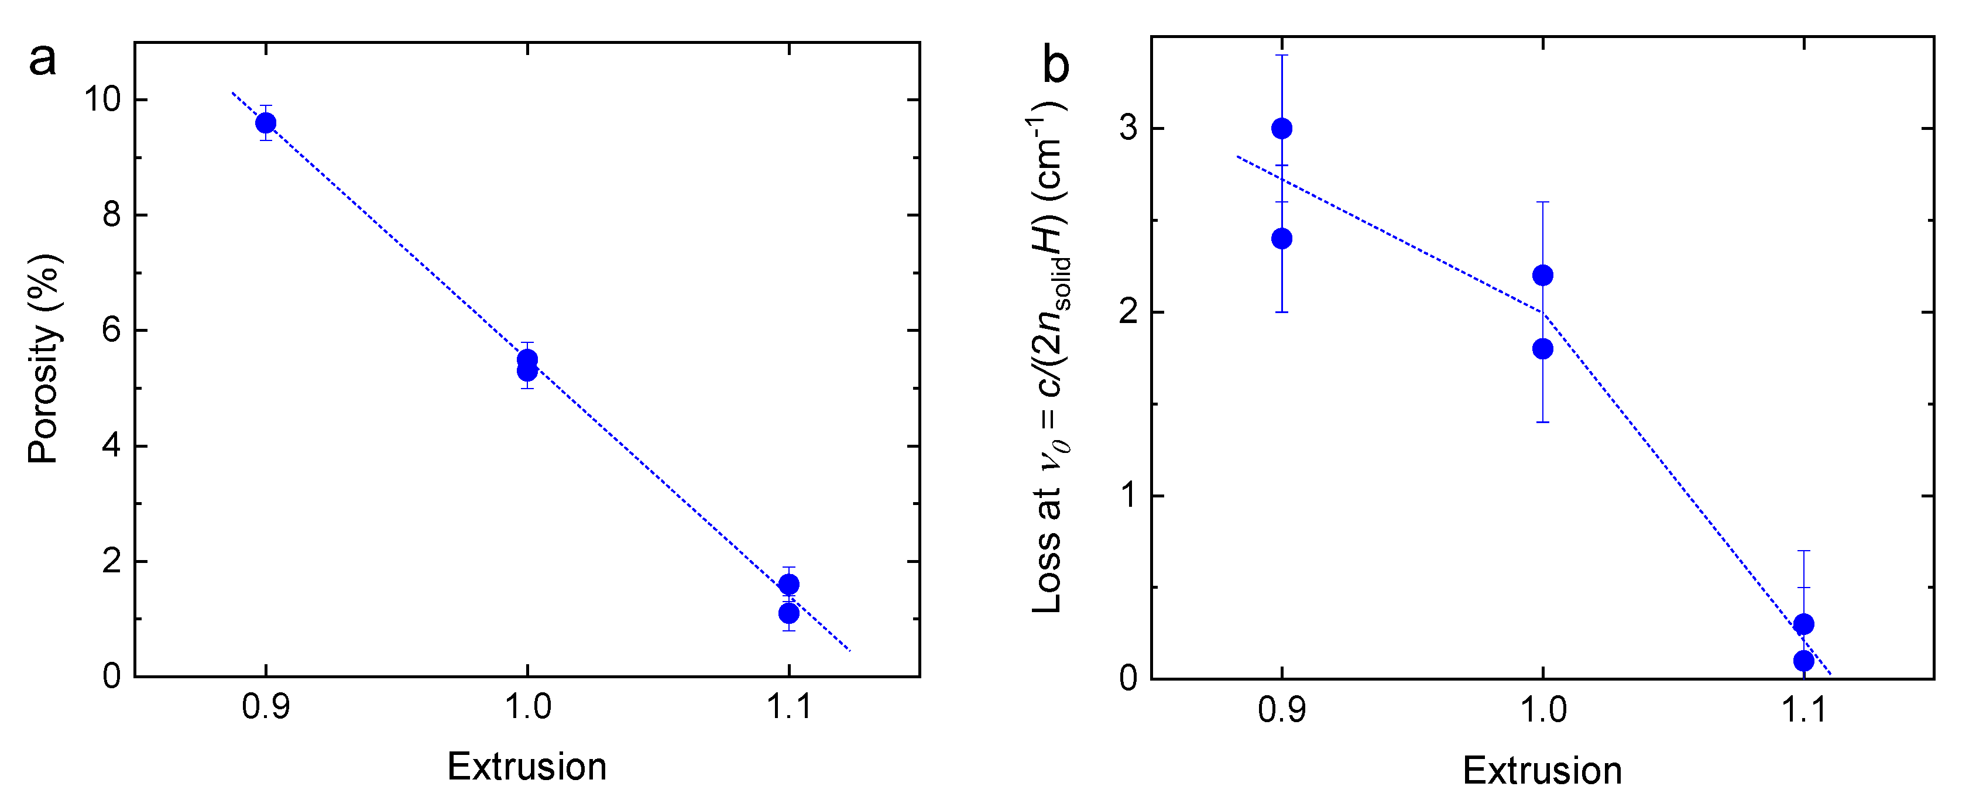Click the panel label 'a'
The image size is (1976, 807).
(42, 60)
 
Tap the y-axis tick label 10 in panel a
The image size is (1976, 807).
(102, 99)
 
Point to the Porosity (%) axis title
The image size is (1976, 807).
(44, 358)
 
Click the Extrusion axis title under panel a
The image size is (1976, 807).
(527, 767)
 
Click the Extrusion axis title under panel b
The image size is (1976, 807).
(1542, 770)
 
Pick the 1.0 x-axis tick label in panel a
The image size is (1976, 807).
(527, 706)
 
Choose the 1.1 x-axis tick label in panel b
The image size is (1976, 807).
(1803, 710)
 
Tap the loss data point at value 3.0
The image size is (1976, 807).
(1281, 128)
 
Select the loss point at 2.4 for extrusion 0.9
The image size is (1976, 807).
(1281, 239)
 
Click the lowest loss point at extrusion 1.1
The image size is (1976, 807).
(1803, 661)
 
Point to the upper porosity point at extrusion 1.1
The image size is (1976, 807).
(788, 585)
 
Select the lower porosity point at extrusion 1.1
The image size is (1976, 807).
(788, 613)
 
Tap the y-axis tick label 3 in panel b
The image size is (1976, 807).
(1128, 128)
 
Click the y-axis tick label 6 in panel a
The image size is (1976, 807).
(111, 331)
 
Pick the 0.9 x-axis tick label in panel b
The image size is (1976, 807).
(1281, 710)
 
